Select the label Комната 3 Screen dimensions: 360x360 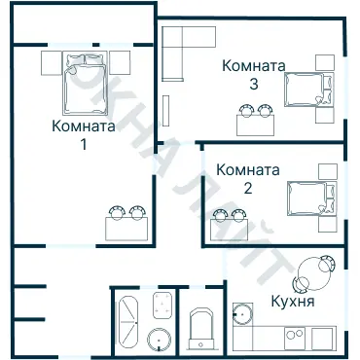[x=253, y=75]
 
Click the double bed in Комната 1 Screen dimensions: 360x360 [x=86, y=85]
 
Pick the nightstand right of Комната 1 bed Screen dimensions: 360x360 [x=120, y=63]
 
